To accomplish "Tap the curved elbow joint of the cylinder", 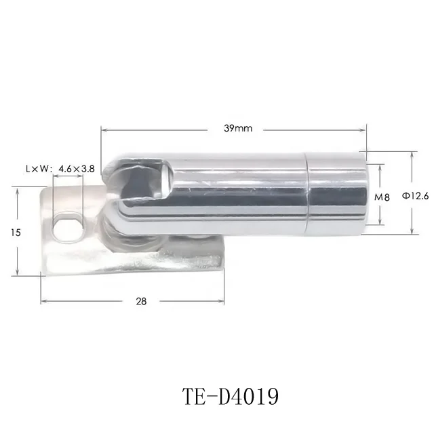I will (x=122, y=203).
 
